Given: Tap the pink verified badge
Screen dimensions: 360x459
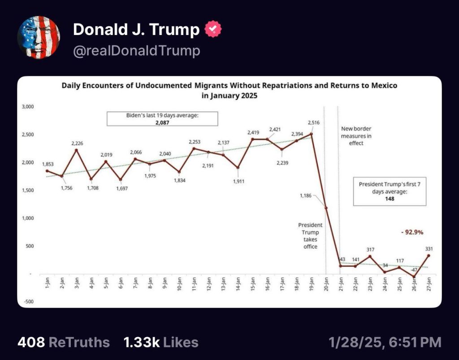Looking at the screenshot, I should (212, 30).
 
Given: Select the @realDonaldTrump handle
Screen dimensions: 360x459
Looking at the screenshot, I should (136, 51).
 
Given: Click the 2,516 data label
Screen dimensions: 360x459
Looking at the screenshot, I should (313, 122).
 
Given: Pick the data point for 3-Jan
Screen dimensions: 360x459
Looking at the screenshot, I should (77, 150).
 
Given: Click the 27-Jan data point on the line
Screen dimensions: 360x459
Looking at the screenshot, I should (429, 256).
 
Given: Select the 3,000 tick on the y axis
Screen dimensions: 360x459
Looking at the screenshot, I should (28, 107).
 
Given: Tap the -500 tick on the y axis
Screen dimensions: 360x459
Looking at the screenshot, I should (29, 302).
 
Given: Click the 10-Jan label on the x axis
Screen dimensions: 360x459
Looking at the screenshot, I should (179, 283).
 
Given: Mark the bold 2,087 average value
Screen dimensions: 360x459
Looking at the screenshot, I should (162, 122).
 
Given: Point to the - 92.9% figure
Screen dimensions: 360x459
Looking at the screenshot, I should (411, 232).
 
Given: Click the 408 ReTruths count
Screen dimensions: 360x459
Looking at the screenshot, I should (63, 343).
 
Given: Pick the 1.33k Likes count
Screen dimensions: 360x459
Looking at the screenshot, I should (160, 343).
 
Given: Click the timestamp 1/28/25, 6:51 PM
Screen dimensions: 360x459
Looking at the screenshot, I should (385, 343).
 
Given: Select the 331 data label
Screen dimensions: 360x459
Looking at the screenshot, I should (429, 248).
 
